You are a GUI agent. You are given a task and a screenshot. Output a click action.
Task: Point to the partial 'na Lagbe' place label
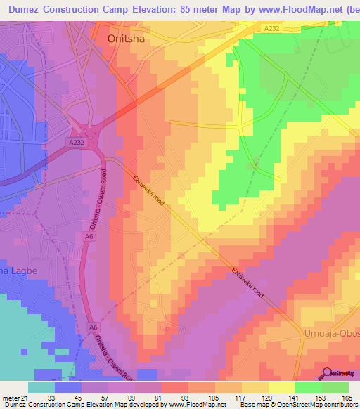pos(16,271)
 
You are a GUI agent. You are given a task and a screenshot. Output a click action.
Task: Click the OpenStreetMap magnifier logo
pos(327,374)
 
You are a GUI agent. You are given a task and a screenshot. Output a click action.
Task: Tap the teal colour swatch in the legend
pos(41,387)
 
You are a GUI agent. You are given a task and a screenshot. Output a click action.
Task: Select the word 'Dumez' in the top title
pos(26,9)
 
